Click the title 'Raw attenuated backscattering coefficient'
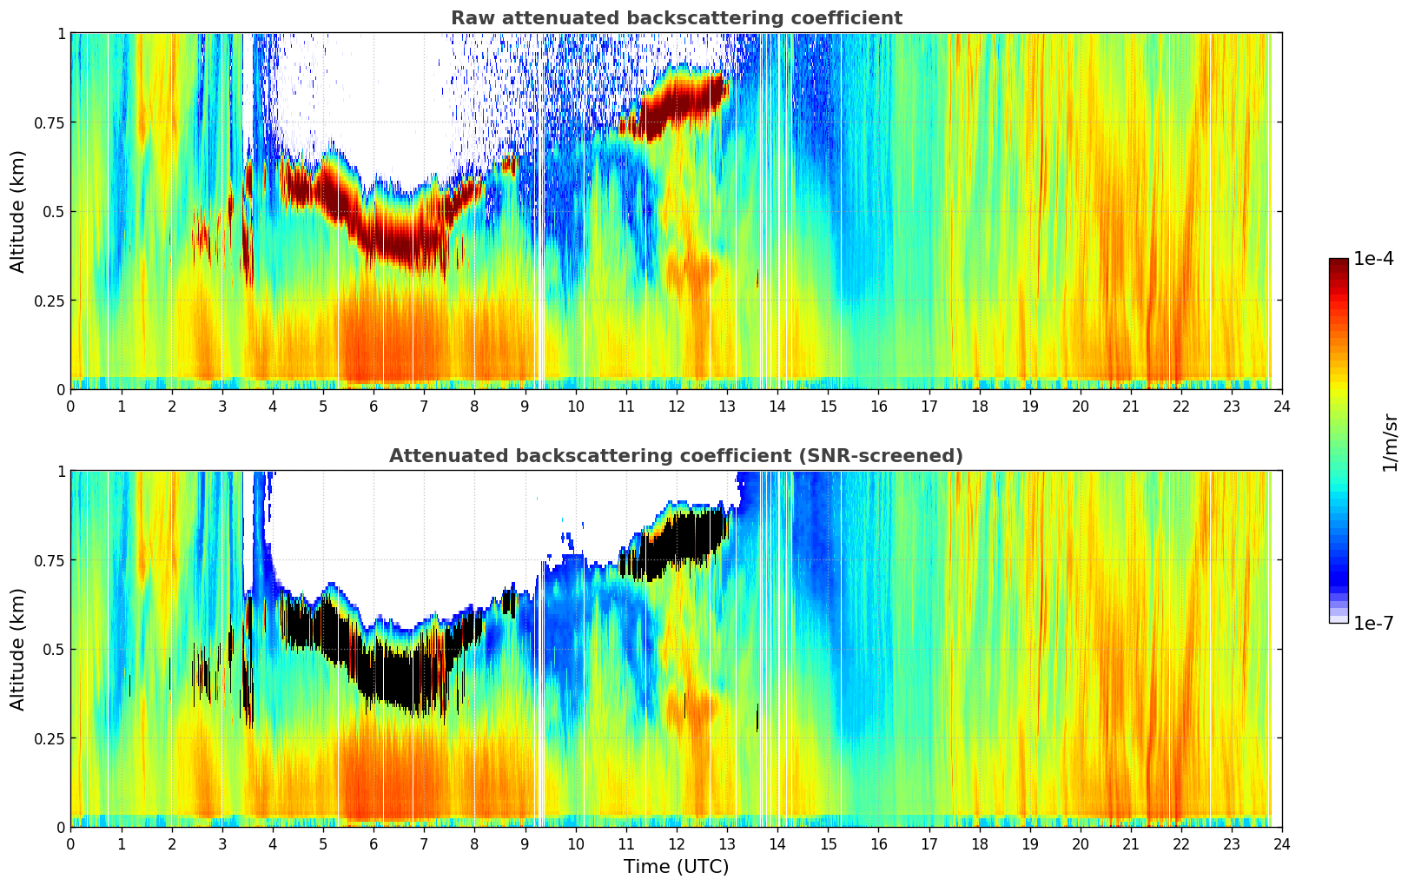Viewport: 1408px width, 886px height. (676, 18)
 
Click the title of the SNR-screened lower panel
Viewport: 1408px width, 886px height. (676, 456)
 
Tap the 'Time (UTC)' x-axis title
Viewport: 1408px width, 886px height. (676, 867)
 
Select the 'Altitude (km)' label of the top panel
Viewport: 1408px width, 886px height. (17, 211)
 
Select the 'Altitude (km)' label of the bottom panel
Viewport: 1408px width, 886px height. (17, 649)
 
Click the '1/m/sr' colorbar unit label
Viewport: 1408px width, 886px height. (1390, 442)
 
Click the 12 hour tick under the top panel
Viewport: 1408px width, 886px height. (677, 407)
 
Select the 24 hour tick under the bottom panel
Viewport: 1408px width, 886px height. (1282, 844)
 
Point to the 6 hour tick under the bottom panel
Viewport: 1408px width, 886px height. (373, 844)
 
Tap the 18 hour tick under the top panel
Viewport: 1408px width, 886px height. (979, 407)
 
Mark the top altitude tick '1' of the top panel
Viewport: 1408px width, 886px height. (61, 33)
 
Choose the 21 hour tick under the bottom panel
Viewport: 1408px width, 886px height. (1130, 844)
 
